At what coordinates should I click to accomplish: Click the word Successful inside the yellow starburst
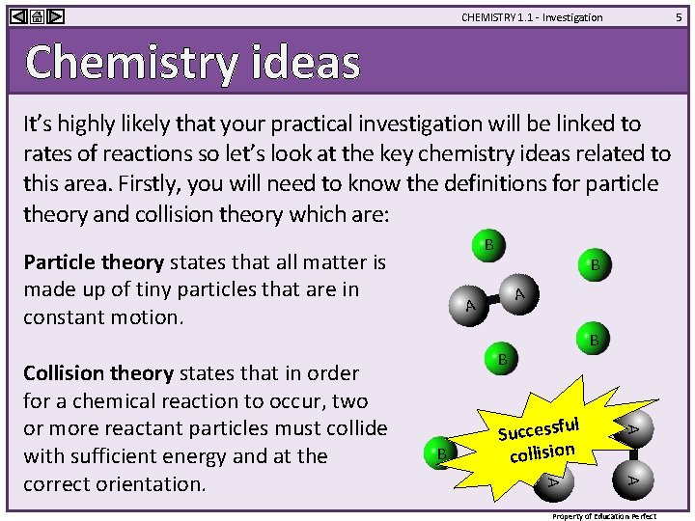pyautogui.click(x=539, y=427)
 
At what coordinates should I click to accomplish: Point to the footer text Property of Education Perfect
pyautogui.click(x=604, y=515)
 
